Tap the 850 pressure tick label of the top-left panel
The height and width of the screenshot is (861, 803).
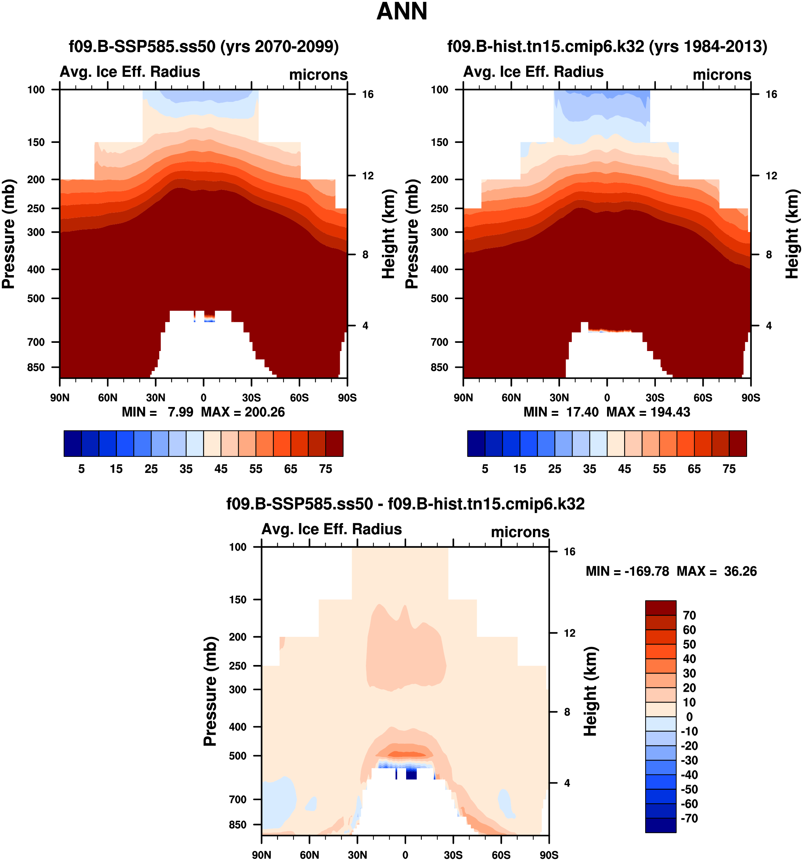coord(36,367)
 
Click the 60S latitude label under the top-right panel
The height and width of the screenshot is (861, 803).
coord(703,398)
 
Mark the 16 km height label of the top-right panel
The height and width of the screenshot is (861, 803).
coord(771,94)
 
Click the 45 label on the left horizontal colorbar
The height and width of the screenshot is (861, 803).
coord(221,469)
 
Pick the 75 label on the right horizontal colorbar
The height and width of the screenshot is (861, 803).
coord(729,469)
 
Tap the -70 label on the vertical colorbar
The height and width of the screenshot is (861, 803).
coord(689,818)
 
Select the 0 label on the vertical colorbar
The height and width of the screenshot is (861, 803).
coord(689,717)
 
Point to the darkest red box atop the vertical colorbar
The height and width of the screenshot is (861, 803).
coord(660,608)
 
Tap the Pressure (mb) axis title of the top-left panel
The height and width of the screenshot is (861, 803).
coord(9,234)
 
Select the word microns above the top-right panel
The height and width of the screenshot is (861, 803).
coord(722,74)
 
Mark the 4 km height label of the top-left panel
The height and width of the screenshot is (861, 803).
coord(365,326)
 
